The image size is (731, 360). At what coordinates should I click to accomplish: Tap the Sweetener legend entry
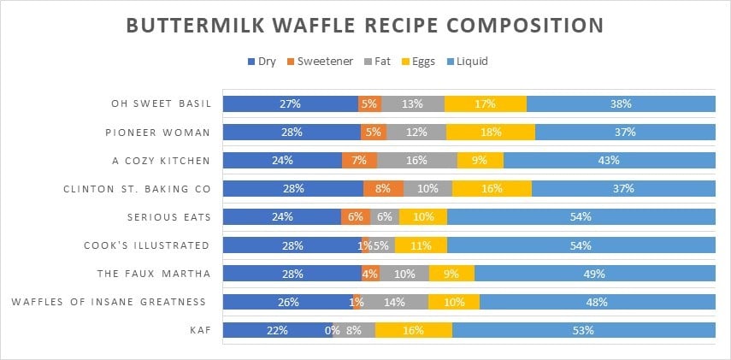click(318, 62)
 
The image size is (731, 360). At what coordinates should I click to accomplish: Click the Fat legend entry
click(375, 62)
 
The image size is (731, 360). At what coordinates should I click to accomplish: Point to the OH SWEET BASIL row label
click(160, 104)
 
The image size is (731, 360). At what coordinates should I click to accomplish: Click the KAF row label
click(199, 329)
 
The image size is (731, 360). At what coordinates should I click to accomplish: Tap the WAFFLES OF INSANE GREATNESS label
click(109, 301)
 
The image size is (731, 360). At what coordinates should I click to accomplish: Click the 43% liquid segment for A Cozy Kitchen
click(609, 160)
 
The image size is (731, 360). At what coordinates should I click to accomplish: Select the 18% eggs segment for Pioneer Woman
click(491, 132)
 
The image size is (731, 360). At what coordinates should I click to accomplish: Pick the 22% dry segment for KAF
click(277, 329)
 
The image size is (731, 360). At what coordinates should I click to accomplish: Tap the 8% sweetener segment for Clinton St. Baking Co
click(383, 188)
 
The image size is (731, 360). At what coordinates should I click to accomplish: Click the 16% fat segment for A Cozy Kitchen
click(416, 160)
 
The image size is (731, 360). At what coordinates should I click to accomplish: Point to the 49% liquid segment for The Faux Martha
click(594, 273)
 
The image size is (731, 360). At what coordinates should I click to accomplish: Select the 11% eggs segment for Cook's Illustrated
click(420, 245)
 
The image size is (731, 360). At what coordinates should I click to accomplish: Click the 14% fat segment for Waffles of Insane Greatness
click(396, 301)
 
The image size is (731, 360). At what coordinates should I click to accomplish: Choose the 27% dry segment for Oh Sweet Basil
click(290, 104)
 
